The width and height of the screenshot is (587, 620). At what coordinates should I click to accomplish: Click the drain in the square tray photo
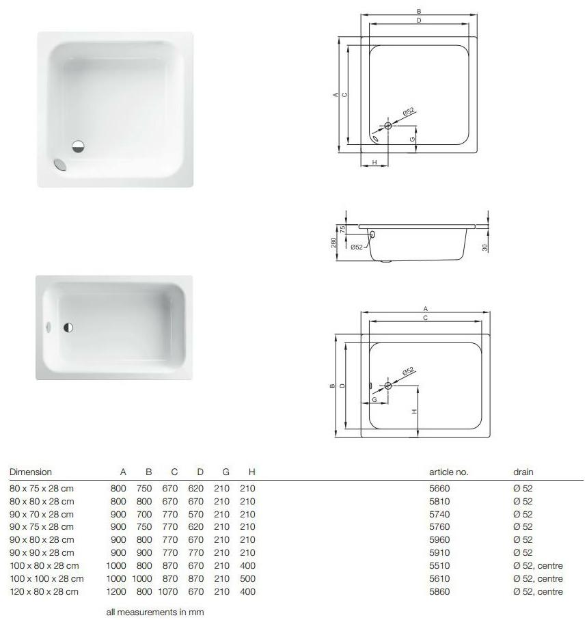coord(79,146)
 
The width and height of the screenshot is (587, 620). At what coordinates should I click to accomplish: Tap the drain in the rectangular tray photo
coord(68,327)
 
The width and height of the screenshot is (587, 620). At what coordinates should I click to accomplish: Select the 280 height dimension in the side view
coord(333,243)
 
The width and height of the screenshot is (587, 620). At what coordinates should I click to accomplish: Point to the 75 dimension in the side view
coord(343,228)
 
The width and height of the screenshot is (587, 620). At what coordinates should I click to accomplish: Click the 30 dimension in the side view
coord(484,247)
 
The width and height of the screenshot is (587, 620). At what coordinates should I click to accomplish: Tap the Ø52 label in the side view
coord(357,247)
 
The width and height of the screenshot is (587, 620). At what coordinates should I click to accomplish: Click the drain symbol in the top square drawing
coord(387,126)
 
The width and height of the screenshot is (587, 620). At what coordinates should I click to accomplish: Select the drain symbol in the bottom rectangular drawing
coord(387,386)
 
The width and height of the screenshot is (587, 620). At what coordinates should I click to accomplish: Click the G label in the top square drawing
coord(412,139)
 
